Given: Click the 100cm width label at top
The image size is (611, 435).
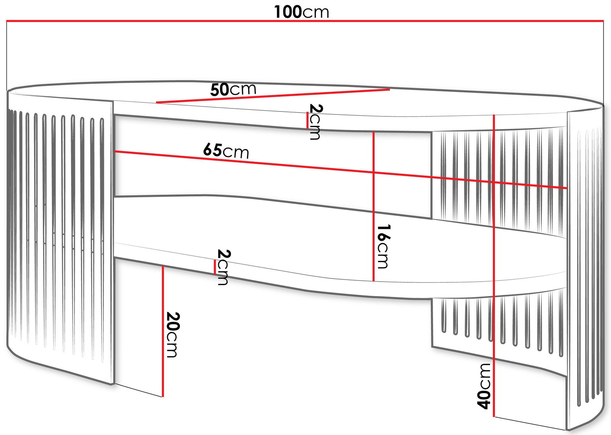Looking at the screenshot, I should (x=301, y=12).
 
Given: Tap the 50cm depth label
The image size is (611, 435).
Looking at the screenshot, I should (x=233, y=90).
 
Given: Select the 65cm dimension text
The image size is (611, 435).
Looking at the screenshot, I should (x=226, y=151).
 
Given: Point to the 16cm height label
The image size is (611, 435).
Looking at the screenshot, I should (x=383, y=246).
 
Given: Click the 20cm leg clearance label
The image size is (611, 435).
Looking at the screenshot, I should (x=173, y=334).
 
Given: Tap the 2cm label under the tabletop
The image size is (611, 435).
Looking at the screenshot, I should (x=315, y=121).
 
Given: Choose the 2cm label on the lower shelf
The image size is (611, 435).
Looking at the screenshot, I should (x=223, y=267).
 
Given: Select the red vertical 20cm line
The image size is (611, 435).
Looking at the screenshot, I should (x=163, y=332).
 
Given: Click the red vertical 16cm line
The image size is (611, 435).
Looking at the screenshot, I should (x=373, y=206).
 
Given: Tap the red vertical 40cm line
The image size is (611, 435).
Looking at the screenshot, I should (x=494, y=267).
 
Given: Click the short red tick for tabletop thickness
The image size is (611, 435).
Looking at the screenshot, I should (x=307, y=120).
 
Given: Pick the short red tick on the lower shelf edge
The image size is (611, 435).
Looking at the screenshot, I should (x=215, y=267).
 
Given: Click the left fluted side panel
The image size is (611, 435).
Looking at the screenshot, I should (x=57, y=229).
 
